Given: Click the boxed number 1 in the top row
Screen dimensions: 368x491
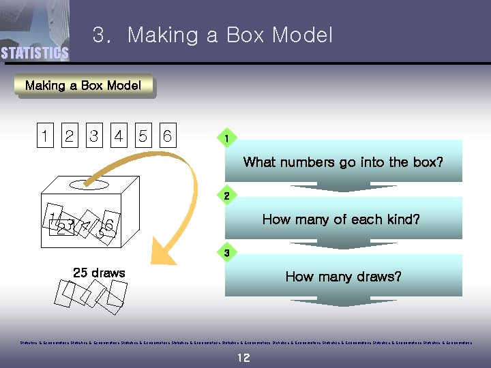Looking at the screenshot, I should click(x=44, y=136).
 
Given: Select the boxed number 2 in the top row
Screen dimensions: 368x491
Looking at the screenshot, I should click(x=69, y=136).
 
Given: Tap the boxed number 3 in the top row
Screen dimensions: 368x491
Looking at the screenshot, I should click(x=93, y=136).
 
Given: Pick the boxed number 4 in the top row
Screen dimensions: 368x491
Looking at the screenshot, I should click(x=119, y=136).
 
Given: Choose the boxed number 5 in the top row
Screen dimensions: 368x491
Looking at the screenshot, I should click(x=143, y=136).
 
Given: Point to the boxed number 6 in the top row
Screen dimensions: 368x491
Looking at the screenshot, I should click(x=167, y=136).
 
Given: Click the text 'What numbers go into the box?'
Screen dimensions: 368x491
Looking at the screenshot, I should click(x=343, y=162).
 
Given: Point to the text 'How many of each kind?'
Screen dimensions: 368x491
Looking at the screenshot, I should click(x=341, y=219).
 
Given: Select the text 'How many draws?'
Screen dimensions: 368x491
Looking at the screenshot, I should click(x=343, y=277).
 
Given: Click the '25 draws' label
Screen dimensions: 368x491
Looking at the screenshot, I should click(x=99, y=273).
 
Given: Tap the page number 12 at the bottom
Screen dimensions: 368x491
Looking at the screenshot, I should click(x=243, y=358).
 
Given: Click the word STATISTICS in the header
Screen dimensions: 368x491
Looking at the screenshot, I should click(x=35, y=53).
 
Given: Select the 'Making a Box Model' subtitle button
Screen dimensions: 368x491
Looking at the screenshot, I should click(x=83, y=86).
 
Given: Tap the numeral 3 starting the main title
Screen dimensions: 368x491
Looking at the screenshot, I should click(x=98, y=35).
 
